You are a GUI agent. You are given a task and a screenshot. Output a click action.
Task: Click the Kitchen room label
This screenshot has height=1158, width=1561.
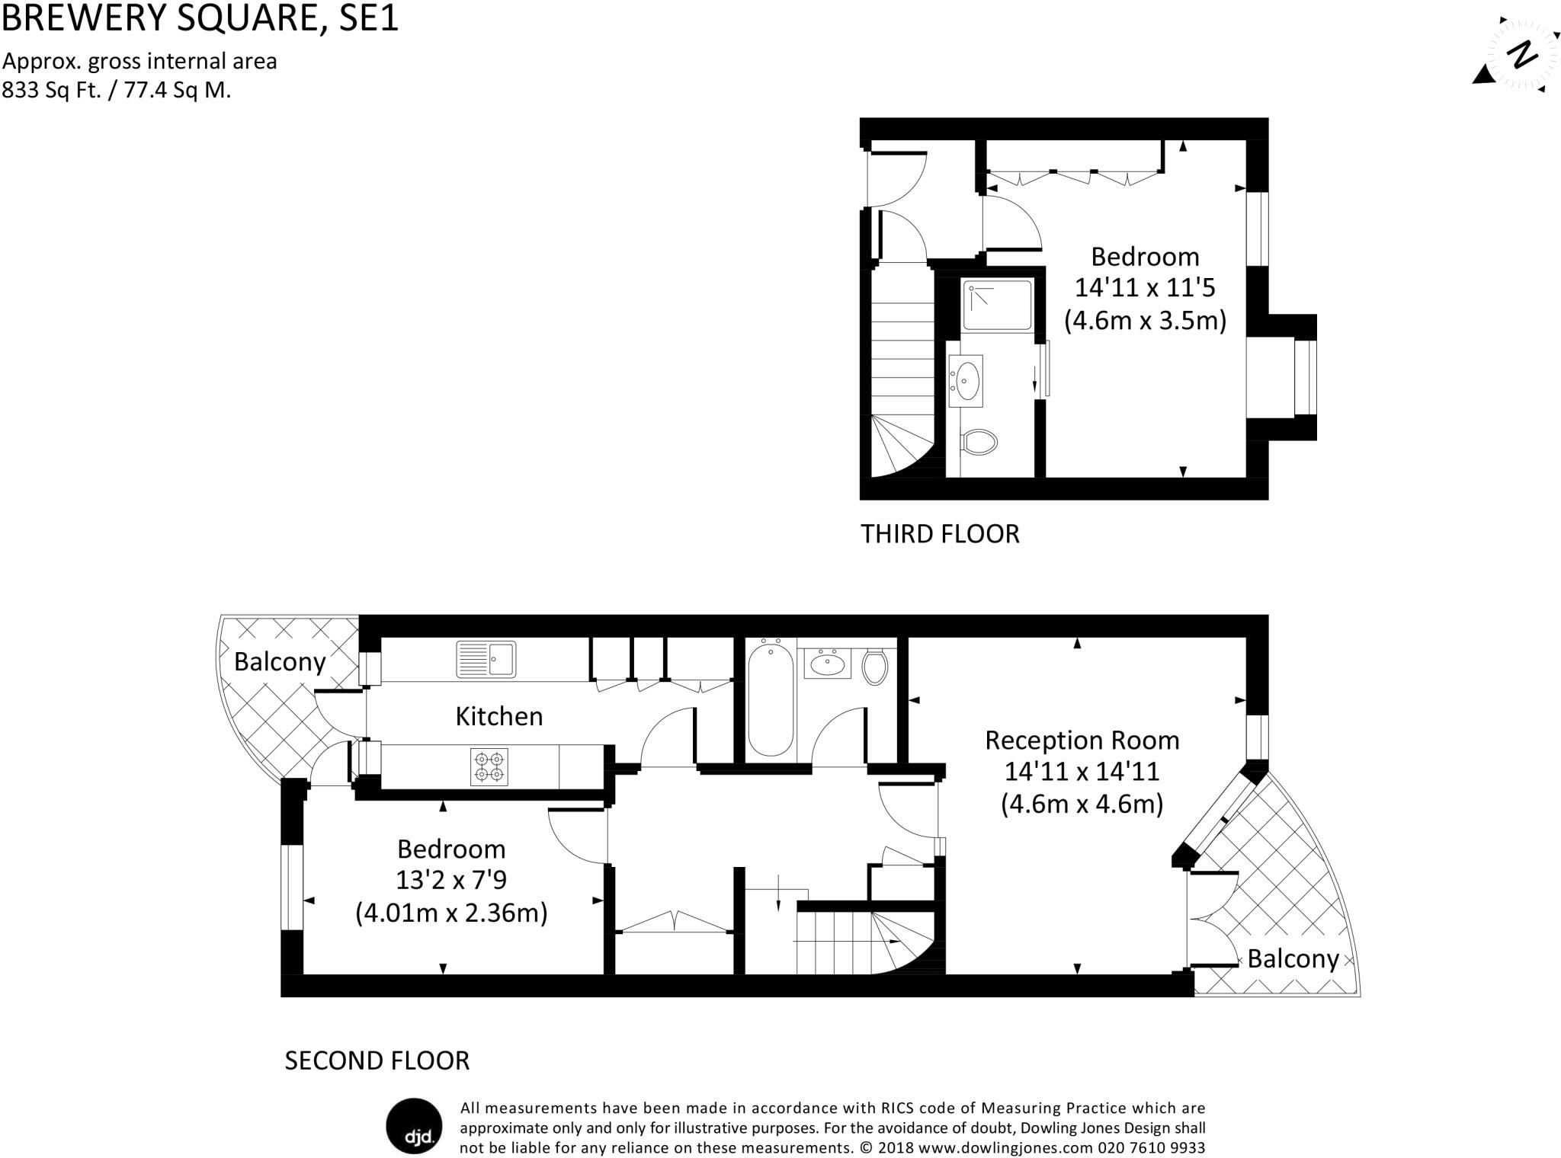click(498, 716)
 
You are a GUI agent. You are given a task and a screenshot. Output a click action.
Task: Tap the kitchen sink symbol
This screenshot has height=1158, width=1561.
click(486, 659)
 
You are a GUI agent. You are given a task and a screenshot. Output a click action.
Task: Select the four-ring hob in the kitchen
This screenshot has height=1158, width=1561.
click(489, 766)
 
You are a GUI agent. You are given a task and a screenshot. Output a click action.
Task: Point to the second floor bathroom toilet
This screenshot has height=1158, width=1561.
click(874, 667)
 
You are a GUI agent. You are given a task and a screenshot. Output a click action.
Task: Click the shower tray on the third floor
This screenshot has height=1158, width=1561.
click(996, 305)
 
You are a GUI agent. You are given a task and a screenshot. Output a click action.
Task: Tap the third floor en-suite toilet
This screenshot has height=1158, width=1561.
click(979, 442)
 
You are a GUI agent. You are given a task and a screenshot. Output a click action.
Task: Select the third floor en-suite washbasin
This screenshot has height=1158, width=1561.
click(966, 378)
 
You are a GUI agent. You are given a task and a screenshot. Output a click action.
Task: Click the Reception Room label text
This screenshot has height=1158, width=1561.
click(1082, 740)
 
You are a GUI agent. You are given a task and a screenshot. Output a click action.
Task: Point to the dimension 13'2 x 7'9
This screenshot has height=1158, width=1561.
click(450, 880)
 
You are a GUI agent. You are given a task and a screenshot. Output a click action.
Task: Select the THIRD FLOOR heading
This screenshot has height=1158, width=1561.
click(940, 534)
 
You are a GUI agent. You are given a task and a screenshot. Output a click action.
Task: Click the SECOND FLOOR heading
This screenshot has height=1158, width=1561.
click(377, 1060)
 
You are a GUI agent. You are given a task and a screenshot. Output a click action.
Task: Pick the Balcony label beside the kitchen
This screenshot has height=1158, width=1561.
click(280, 661)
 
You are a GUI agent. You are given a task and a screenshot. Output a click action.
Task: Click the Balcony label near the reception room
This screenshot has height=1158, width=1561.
click(1293, 958)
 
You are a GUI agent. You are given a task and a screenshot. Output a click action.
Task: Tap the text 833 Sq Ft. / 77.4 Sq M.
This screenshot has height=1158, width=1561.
click(117, 91)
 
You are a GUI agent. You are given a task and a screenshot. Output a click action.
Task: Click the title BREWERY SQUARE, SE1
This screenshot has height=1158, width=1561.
click(200, 18)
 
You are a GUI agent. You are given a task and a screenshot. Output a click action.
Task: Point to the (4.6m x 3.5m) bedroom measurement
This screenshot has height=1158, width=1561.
click(1145, 320)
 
